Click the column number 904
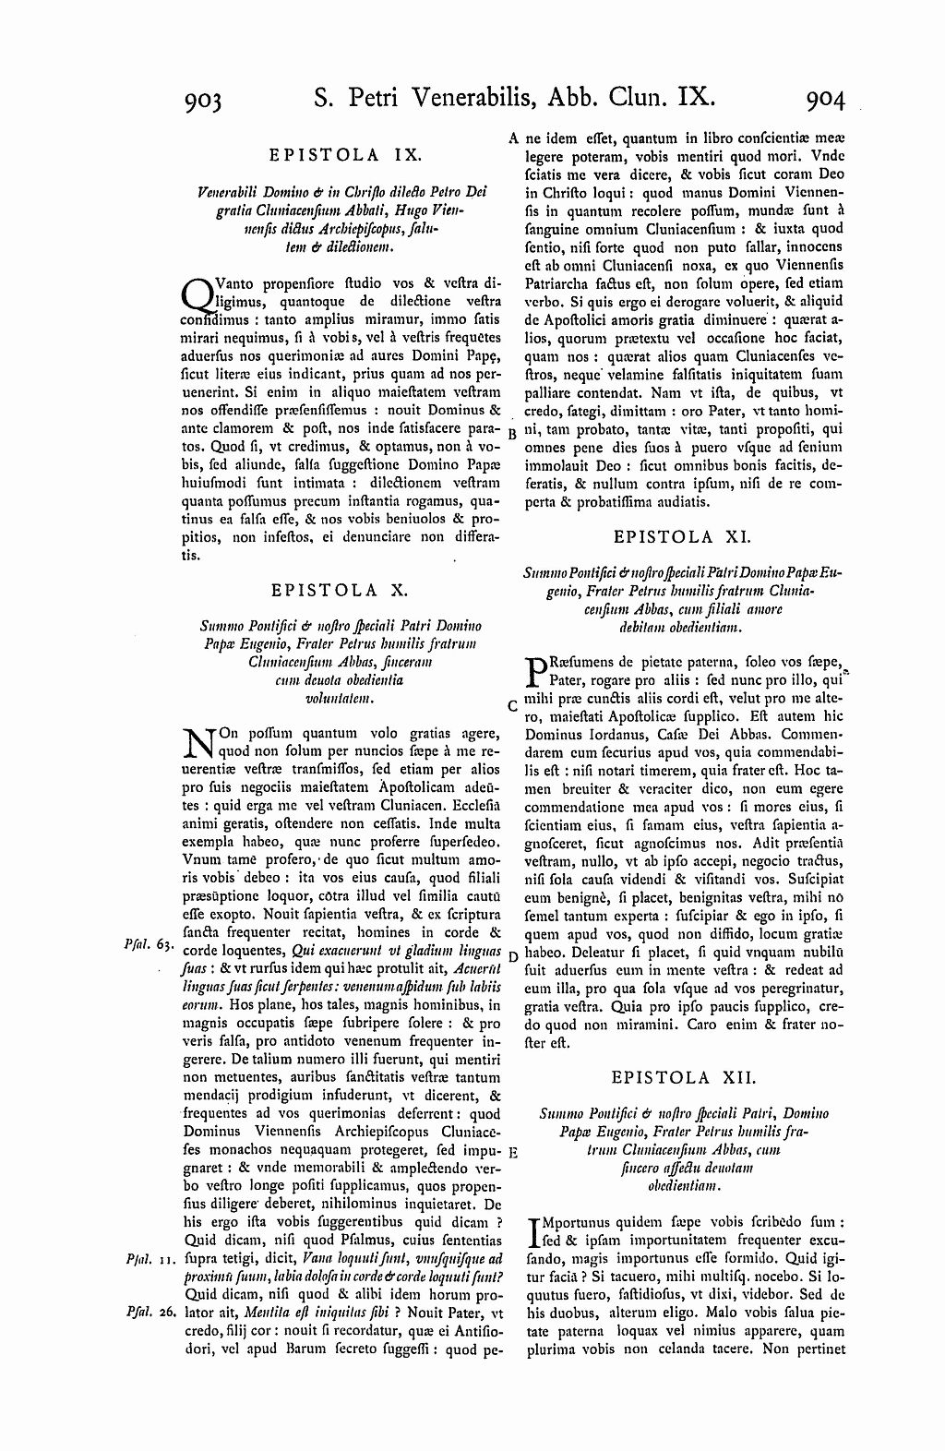824,98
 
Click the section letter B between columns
513,434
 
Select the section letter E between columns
513,1153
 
